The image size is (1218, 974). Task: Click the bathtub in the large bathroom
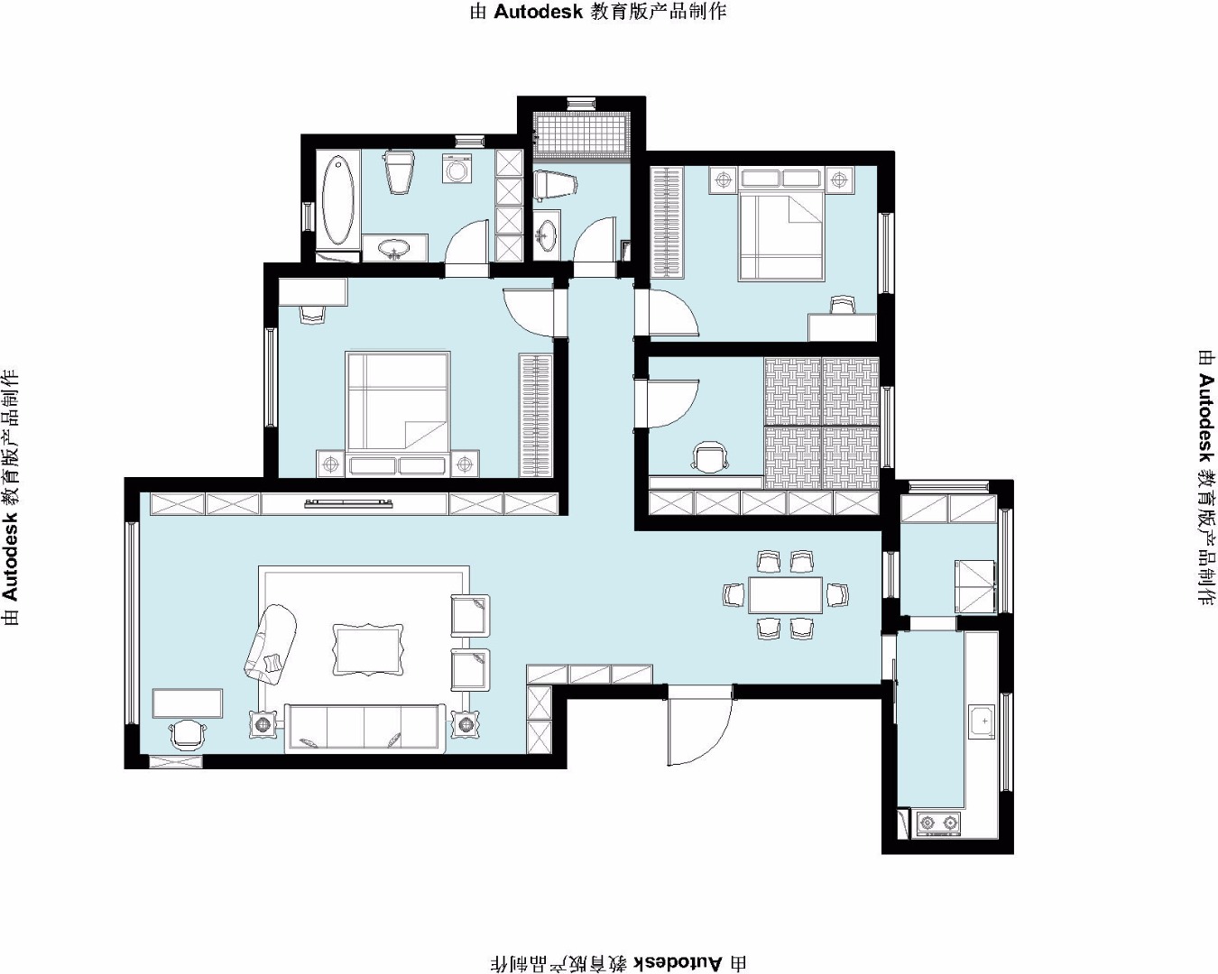pos(338,200)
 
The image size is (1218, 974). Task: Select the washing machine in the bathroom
pos(456,170)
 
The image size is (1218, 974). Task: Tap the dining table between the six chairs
pos(786,595)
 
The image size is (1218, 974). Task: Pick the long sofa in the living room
pos(365,729)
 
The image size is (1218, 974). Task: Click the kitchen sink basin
pos(982,721)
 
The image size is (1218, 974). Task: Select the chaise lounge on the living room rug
pos(270,641)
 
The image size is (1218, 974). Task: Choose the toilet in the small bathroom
pos(555,185)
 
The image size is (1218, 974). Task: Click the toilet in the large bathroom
pos(399,172)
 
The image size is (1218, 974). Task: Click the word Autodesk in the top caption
pos(539,12)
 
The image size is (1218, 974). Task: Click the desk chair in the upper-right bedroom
pos(842,305)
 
